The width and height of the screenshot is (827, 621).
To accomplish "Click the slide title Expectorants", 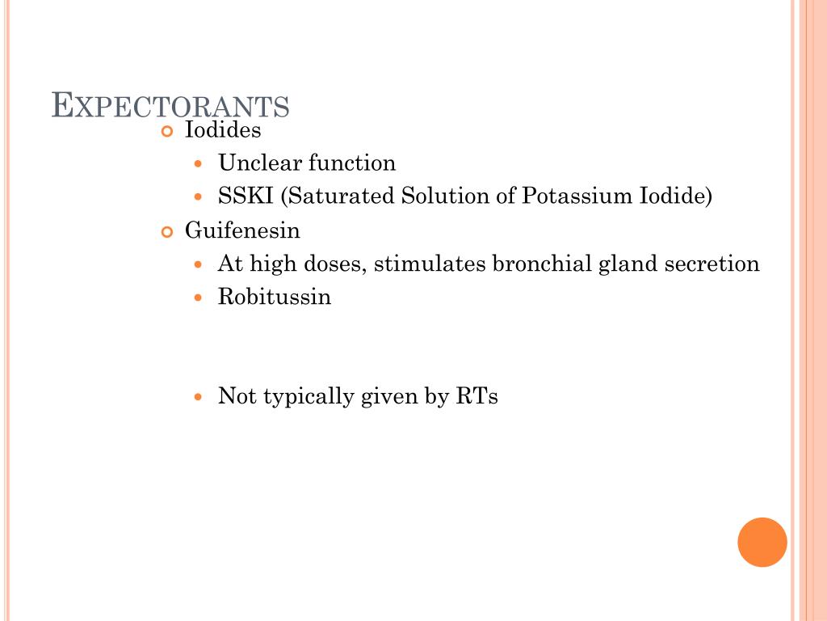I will tap(170, 106).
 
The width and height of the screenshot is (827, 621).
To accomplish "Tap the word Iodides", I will tap(224, 129).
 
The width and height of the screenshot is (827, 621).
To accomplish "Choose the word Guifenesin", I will tap(242, 231).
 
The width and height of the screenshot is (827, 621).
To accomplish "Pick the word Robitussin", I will tap(275, 297).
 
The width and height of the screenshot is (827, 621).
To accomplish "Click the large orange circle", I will tap(762, 542).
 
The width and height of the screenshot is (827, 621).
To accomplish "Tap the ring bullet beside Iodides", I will tap(168, 131).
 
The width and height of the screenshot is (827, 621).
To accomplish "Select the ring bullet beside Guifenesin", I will tap(168, 232).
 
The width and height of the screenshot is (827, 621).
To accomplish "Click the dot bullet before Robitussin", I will tap(200, 298).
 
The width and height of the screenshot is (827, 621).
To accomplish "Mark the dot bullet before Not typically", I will tap(200, 397).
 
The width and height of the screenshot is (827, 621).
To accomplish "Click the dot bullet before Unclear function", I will tap(200, 164).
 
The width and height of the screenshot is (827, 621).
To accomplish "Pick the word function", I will tap(353, 163).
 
